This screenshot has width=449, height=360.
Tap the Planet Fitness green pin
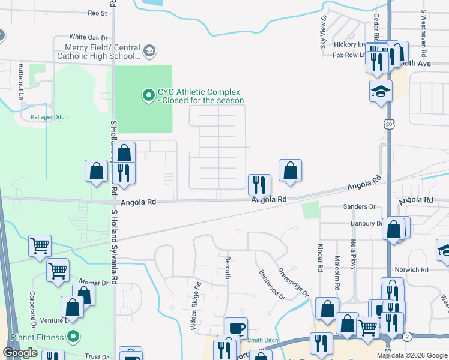tap(73, 337)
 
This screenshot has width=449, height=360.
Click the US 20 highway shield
tap(388, 124)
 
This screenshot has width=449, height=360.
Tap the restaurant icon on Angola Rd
tap(259, 184)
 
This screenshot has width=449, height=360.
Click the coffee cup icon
tap(236, 328)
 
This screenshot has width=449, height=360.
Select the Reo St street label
tap(97, 13)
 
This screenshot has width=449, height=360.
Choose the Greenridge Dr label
tap(294, 282)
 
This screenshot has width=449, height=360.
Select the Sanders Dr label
tap(359, 207)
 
